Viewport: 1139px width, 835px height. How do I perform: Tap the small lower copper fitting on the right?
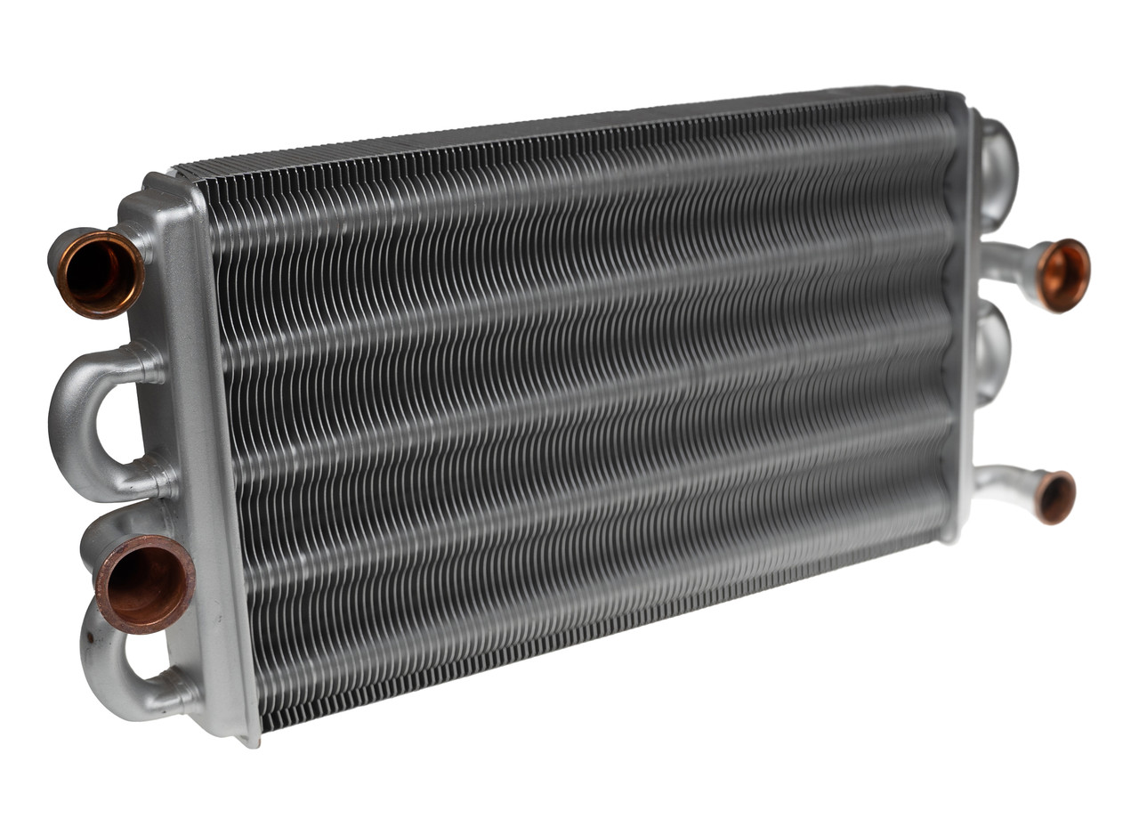click(x=1055, y=497)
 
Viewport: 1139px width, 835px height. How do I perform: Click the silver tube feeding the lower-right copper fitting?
click(x=1002, y=481)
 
